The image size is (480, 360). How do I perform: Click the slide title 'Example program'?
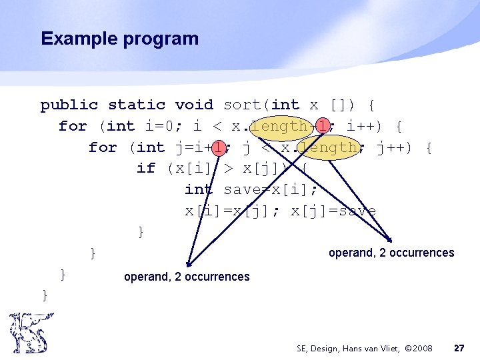click(119, 39)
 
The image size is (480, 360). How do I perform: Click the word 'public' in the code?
click(69, 105)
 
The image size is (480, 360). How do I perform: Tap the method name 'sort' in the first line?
click(243, 105)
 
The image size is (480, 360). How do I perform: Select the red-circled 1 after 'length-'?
click(323, 125)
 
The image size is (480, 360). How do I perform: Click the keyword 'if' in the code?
click(145, 168)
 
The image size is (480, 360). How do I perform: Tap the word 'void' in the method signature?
click(194, 105)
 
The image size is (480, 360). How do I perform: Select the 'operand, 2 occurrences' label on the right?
click(391, 253)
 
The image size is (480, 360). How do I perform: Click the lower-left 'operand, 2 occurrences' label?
click(187, 277)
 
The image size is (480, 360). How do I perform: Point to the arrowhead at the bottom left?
click(189, 264)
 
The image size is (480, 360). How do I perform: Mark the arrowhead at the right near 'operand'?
click(391, 240)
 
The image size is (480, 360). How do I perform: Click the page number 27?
click(459, 348)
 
